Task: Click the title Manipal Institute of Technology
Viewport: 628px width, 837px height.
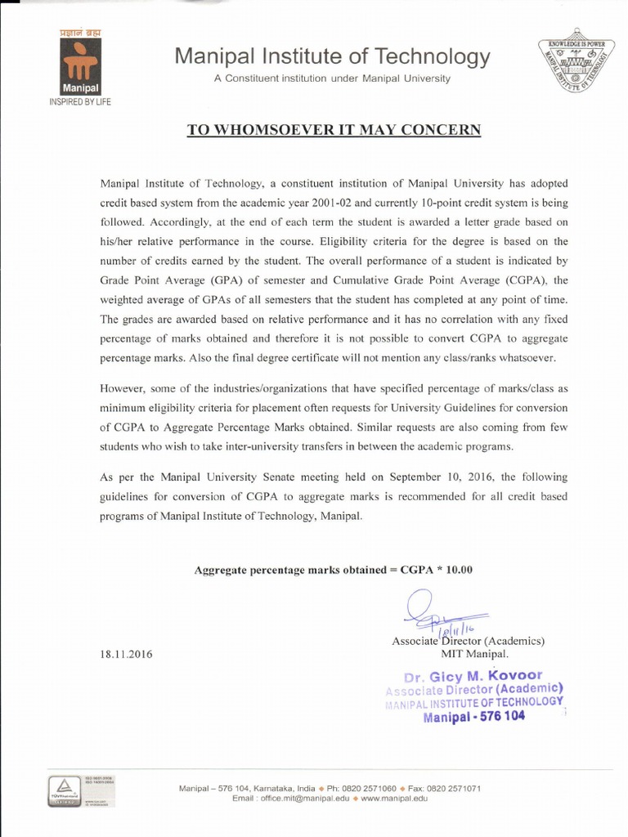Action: [333, 57]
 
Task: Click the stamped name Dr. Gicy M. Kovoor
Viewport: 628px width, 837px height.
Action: [473, 677]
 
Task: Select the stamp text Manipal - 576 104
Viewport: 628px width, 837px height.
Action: [474, 717]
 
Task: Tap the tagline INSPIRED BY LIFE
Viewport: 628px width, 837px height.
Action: [80, 102]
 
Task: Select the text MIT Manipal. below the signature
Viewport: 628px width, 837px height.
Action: [474, 654]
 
